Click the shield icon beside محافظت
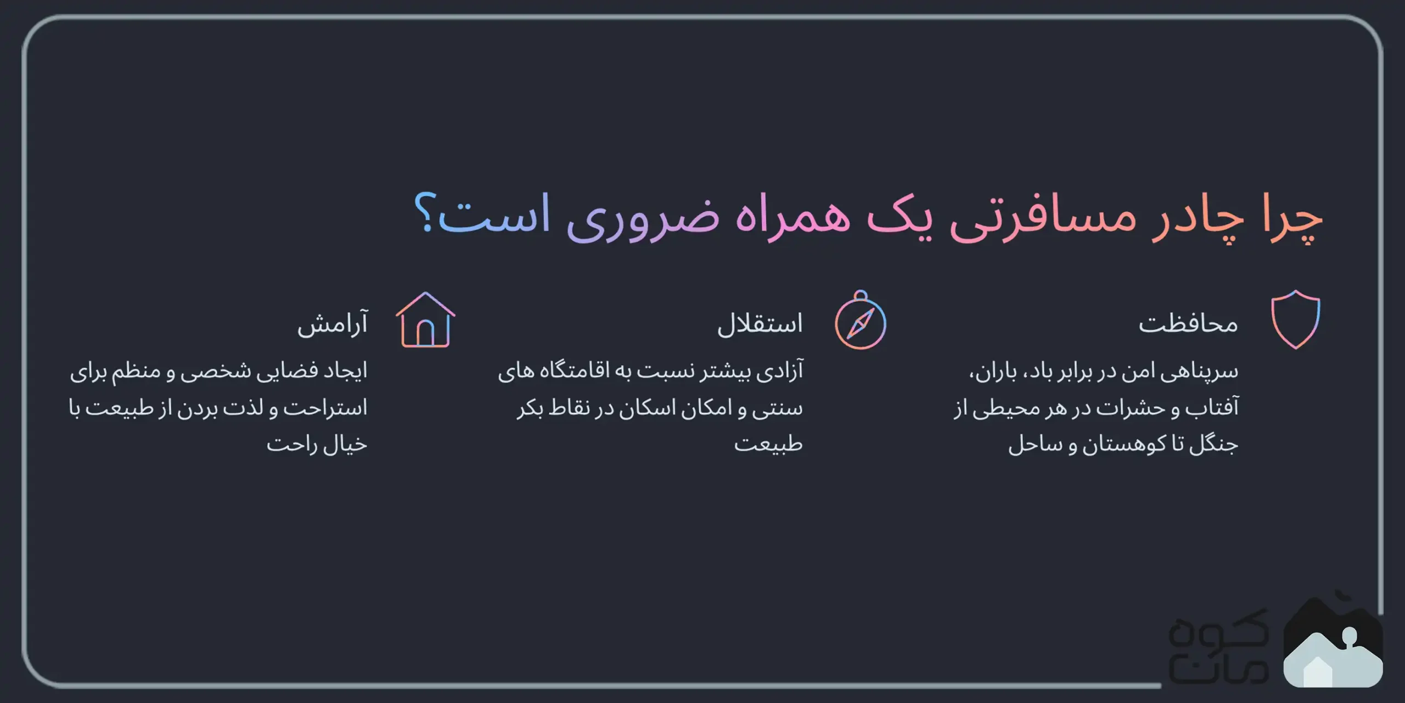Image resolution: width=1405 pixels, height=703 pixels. point(1295,320)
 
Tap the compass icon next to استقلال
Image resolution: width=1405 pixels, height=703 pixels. point(860,322)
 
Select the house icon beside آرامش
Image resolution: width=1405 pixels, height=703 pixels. point(425,321)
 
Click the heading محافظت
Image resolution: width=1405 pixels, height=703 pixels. point(1188,324)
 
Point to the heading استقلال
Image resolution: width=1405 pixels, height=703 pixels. point(760,324)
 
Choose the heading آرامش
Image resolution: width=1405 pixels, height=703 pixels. point(333,324)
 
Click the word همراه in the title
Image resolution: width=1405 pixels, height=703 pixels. point(793,217)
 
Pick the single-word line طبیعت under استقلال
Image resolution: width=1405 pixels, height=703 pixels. point(768,444)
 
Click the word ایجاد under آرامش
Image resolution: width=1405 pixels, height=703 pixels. point(345,371)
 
